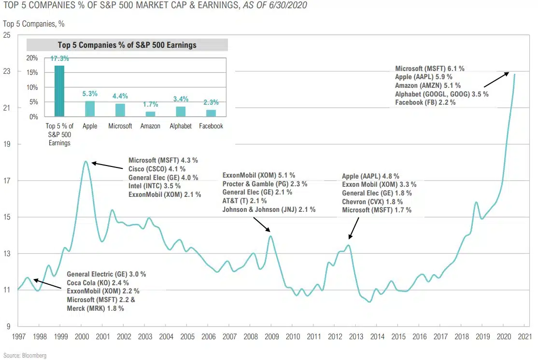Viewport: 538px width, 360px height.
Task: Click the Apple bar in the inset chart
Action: pos(90,109)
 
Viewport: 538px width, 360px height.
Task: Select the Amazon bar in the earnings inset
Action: pos(150,114)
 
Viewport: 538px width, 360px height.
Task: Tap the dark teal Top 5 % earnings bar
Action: pos(59,91)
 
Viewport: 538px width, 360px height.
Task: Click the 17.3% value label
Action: pos(59,58)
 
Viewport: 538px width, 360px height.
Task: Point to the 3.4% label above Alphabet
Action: pos(180,99)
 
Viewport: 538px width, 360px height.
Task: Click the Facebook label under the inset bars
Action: pos(211,126)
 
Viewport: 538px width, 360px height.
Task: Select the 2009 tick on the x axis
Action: pos(271,336)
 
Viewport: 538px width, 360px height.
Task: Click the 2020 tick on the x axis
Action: pos(504,336)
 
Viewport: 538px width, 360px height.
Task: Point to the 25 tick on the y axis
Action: pos(8,35)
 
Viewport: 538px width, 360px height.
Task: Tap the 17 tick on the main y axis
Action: pos(8,181)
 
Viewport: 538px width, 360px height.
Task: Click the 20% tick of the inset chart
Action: pos(32,58)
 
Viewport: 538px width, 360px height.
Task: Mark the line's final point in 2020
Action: pos(514,74)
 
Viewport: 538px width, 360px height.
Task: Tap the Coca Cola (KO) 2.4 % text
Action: pos(98,282)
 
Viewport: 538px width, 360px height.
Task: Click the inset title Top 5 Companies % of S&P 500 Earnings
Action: pos(127,45)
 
